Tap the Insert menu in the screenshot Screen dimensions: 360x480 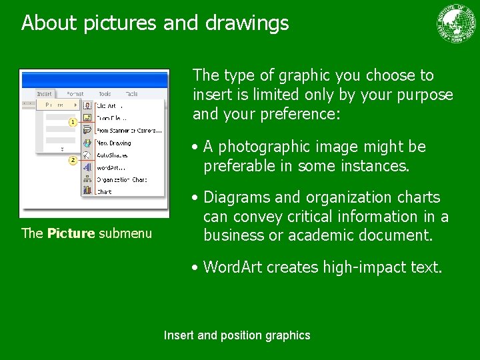pos(45,94)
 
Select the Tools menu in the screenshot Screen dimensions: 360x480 pos(105,94)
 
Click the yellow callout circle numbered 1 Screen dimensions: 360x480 pos(73,122)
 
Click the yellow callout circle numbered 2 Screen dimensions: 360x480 pos(73,161)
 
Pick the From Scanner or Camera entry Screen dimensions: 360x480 pos(129,130)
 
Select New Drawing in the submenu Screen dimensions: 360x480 pos(114,143)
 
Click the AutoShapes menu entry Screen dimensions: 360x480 pos(112,155)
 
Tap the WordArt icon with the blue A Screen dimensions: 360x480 pos(87,167)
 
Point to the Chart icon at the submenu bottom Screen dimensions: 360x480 pos(87,191)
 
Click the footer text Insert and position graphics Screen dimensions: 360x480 pos(237,335)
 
